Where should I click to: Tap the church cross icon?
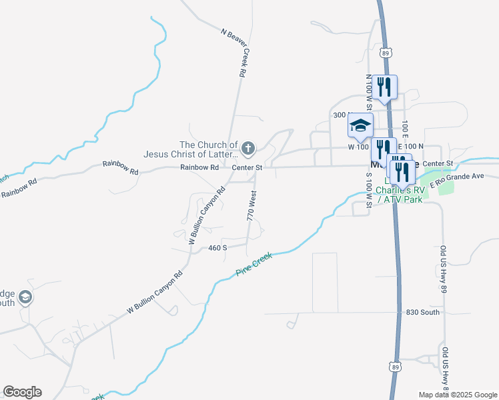pos(247,147)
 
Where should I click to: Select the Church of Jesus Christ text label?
pos(191,149)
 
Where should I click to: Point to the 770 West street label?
pos(252,206)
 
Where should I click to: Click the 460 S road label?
pos(217,248)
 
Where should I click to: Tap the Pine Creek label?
pos(254,265)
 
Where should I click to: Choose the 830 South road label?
pos(422,312)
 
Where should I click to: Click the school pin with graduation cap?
pos(360,126)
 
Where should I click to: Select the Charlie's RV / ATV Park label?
pos(399,194)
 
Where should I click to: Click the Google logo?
pos(22,392)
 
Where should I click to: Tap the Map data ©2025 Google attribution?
pos(458,395)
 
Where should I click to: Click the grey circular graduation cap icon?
pos(25,297)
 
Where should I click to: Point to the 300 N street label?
pos(341,115)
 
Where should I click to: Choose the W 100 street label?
pos(359,146)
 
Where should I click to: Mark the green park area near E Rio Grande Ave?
pos(445,186)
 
